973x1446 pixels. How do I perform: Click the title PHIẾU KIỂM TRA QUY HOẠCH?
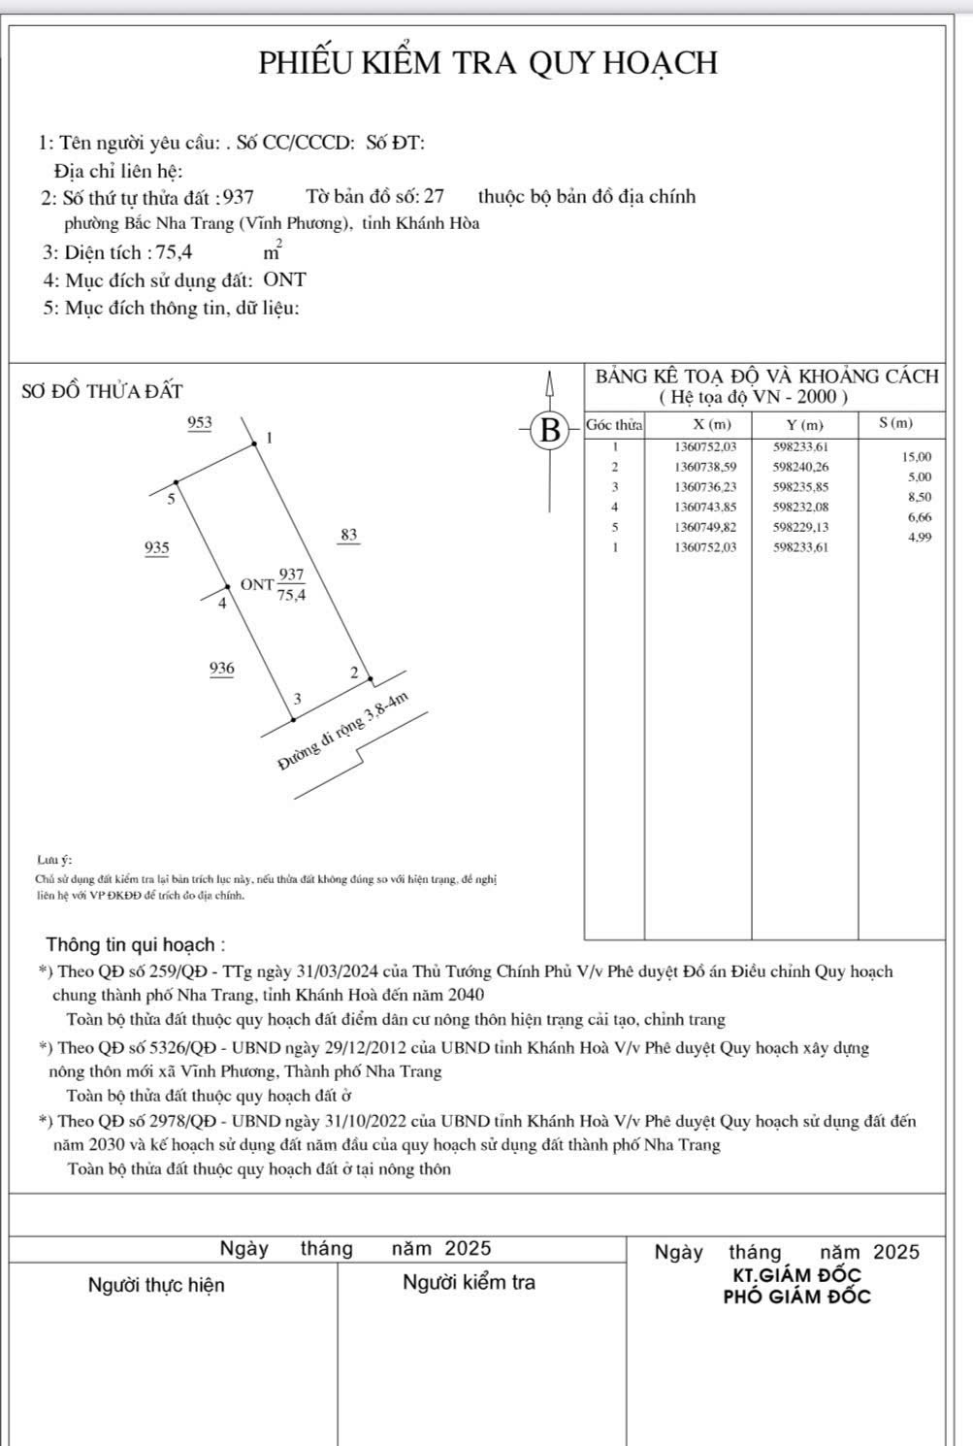point(487,63)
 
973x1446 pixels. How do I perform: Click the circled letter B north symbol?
point(550,429)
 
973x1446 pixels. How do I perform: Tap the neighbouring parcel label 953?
point(200,423)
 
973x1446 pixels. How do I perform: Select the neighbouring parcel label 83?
point(349,535)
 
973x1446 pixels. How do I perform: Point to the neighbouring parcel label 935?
point(156,548)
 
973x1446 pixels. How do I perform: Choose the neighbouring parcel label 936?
point(221,669)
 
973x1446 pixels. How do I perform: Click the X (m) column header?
point(712,424)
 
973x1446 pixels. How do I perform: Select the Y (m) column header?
point(804,424)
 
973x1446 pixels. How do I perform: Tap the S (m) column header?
point(895,423)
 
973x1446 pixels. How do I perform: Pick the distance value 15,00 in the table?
point(917,457)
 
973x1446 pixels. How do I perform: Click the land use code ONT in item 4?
point(284,280)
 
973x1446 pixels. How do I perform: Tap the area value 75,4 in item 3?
point(175,252)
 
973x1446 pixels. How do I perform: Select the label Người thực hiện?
point(156,1285)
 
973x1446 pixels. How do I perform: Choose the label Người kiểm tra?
point(469,1282)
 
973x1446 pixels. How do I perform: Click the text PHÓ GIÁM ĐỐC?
point(797,1297)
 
